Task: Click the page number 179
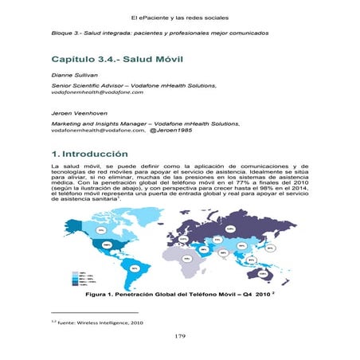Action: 181,337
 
